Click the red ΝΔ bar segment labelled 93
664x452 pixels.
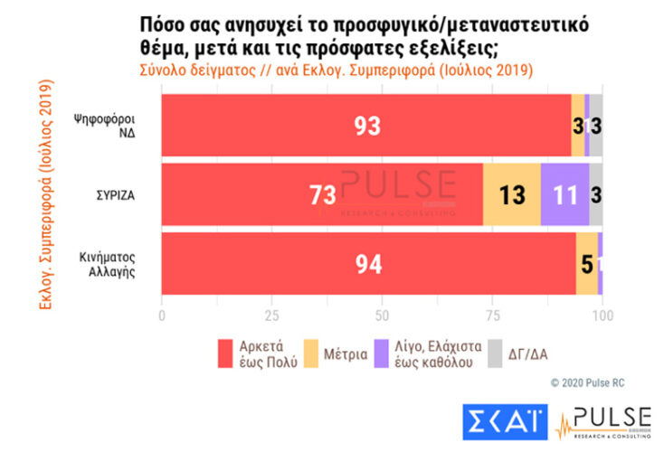coord(366,127)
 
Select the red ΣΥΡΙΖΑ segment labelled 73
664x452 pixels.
coord(322,194)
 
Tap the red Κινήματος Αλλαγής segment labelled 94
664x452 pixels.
coord(368,264)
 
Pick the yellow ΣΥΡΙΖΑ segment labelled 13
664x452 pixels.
coord(511,194)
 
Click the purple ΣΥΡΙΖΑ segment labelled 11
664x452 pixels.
coord(564,194)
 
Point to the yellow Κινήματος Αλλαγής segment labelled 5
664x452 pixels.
coord(586,264)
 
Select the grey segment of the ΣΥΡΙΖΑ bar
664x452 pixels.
coord(595,194)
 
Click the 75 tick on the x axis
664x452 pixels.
coord(492,316)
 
